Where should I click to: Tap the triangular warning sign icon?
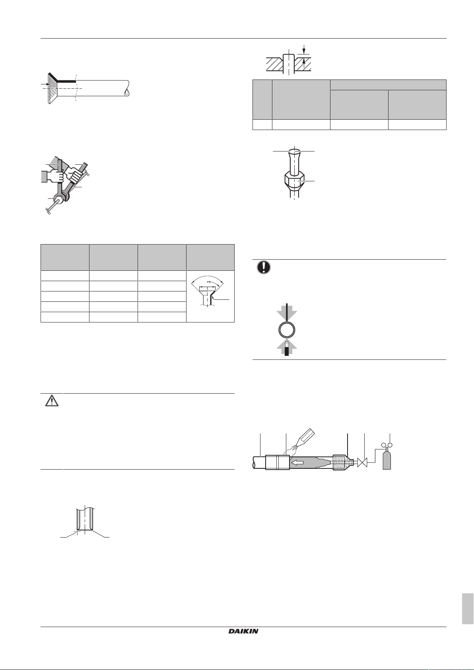(52, 400)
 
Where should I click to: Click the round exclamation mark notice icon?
(264, 267)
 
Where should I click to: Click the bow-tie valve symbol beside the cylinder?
(362, 463)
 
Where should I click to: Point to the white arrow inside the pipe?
(298, 463)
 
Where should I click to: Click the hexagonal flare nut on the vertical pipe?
(294, 181)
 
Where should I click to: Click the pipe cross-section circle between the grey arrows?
(287, 330)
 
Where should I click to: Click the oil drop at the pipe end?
(127, 92)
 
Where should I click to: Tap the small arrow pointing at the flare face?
(46, 85)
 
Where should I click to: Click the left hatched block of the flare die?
(274, 64)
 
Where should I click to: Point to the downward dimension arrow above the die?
(304, 49)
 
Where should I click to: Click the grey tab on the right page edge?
(467, 609)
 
